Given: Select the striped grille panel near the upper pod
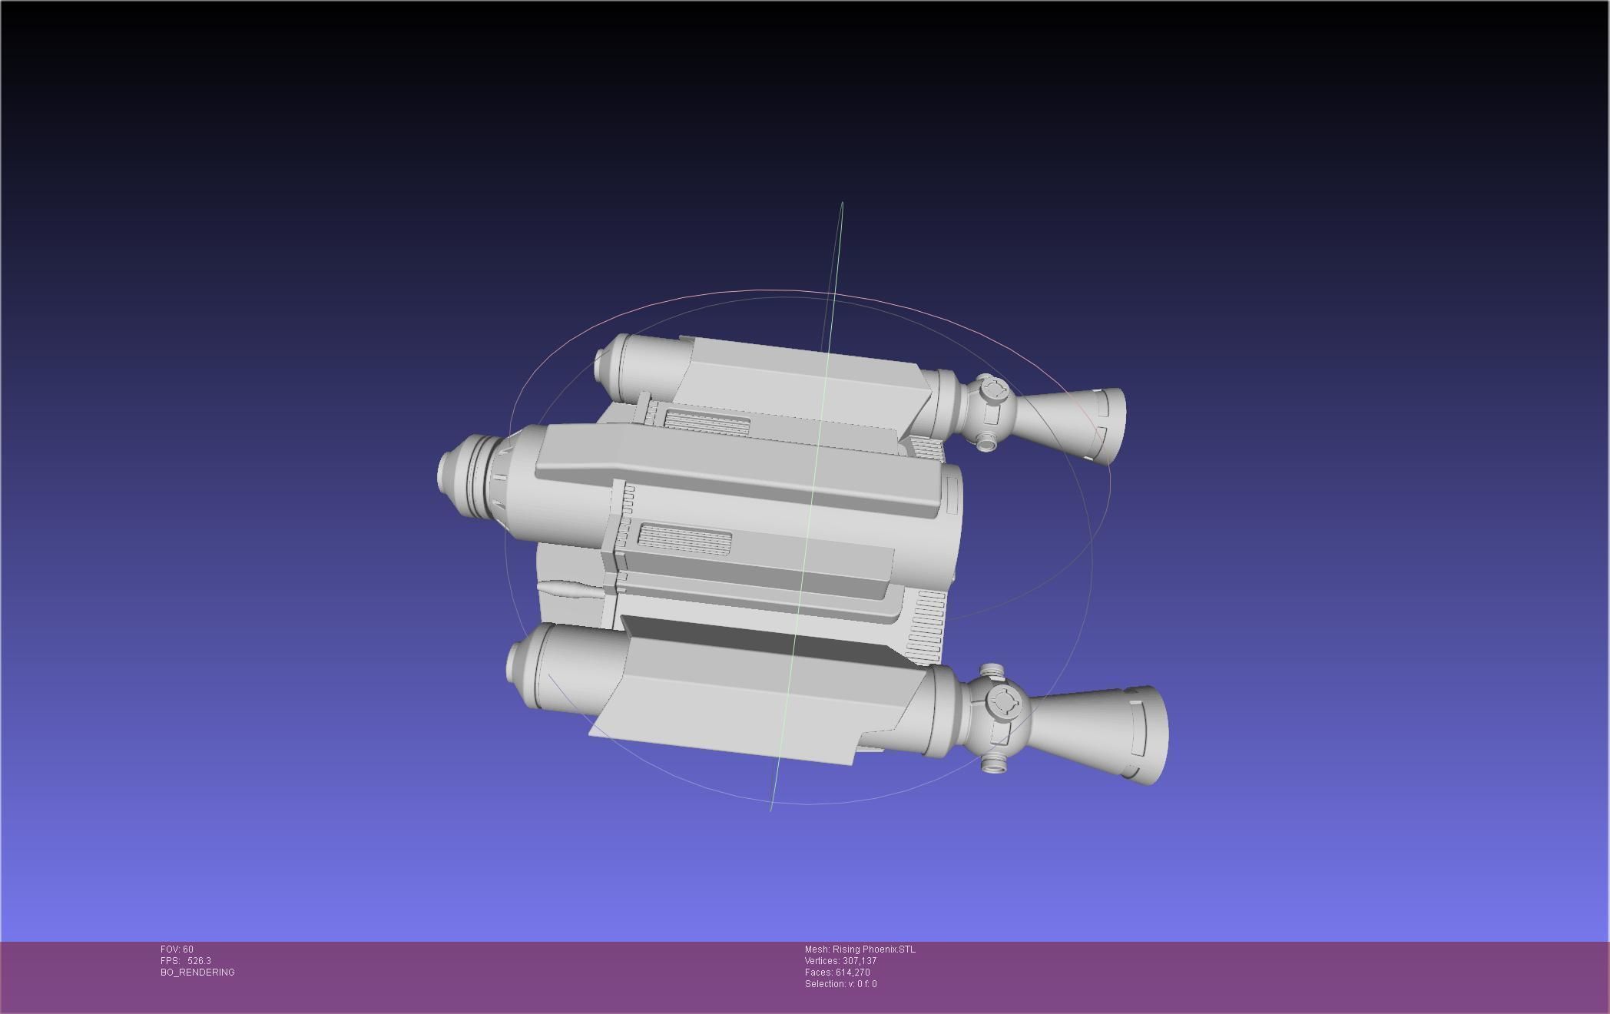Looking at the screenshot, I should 707,421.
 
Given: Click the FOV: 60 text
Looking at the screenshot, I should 177,949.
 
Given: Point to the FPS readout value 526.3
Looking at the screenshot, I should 199,961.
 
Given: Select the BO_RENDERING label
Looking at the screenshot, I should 197,973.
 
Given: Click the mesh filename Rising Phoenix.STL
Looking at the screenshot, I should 873,949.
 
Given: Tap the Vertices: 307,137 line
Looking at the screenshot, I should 840,961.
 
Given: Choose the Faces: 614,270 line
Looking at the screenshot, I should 837,973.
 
